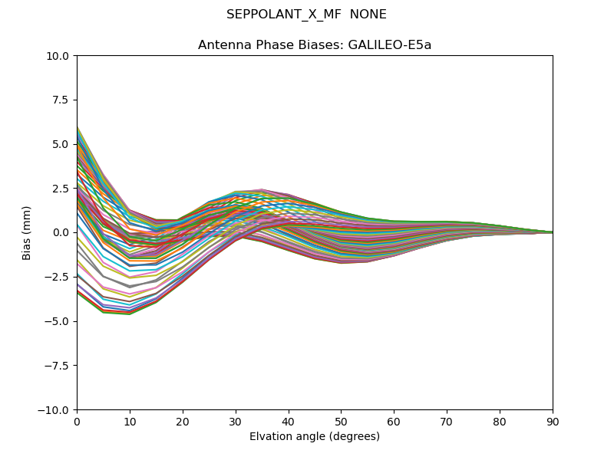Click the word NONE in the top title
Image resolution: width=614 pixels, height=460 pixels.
point(368,15)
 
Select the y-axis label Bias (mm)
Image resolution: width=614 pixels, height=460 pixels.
point(27,232)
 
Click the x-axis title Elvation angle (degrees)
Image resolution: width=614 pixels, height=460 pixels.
point(315,437)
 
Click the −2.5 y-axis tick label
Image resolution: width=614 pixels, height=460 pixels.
point(59,277)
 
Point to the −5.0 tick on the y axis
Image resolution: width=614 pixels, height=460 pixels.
point(59,321)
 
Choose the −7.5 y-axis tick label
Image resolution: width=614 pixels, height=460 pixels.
point(59,366)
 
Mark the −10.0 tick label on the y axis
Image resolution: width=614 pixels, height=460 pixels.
point(56,410)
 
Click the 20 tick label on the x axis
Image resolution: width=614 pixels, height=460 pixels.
point(183,422)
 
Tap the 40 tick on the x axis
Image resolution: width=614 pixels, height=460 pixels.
point(289,422)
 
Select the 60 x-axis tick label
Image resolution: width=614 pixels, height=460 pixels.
point(394,422)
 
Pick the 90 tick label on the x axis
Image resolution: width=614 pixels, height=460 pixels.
point(553,422)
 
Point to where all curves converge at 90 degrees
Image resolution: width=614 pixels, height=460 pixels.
point(552,232)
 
